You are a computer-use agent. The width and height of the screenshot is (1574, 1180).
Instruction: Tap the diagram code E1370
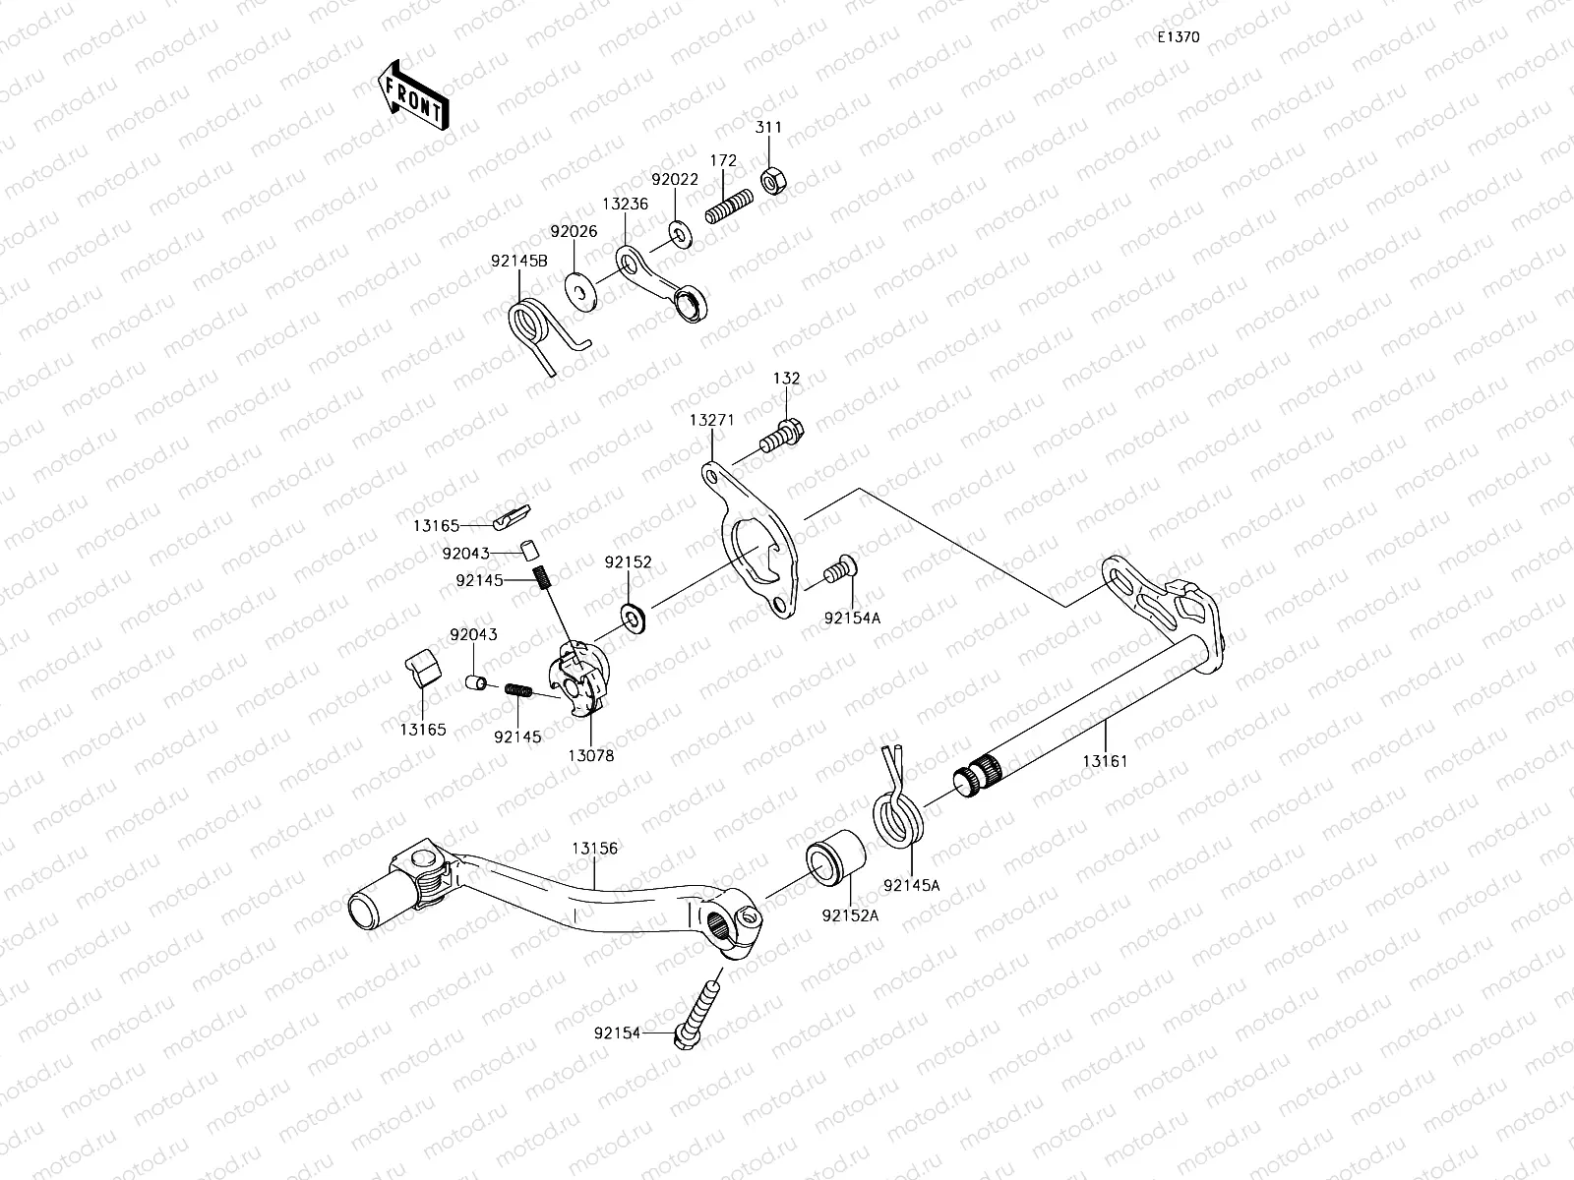pos(1178,37)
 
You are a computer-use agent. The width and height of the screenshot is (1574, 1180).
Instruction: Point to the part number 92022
pos(675,180)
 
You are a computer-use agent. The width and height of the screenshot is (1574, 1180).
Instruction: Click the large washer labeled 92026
pos(580,293)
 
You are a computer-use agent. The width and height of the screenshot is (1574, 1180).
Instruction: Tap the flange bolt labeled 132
pos(783,434)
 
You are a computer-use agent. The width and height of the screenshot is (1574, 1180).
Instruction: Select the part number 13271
pos(711,419)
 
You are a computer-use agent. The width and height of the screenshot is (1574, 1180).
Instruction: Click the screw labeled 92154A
pos(841,570)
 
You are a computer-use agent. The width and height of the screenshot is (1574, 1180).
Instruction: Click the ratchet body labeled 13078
pos(584,678)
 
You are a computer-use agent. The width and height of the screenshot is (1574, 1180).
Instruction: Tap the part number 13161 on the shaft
pos(1105,761)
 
